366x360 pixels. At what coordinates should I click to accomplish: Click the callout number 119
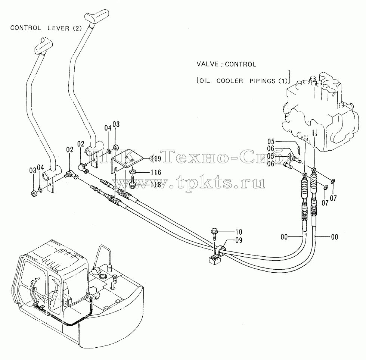point(156,159)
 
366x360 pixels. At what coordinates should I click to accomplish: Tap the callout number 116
point(156,172)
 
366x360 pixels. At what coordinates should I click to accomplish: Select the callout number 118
point(156,185)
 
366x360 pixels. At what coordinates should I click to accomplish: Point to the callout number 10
point(239,232)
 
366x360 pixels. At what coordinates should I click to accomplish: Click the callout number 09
point(239,240)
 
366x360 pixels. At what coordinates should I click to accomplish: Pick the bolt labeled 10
point(214,234)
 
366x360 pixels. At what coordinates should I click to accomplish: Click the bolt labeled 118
point(133,183)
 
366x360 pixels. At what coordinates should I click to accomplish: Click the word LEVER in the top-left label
point(59,28)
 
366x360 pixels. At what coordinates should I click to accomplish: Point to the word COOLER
point(230,81)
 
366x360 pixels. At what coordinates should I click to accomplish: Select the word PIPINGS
point(262,81)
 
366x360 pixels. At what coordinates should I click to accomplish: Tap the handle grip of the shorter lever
point(44,46)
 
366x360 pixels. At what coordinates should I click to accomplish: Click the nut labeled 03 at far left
point(34,193)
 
